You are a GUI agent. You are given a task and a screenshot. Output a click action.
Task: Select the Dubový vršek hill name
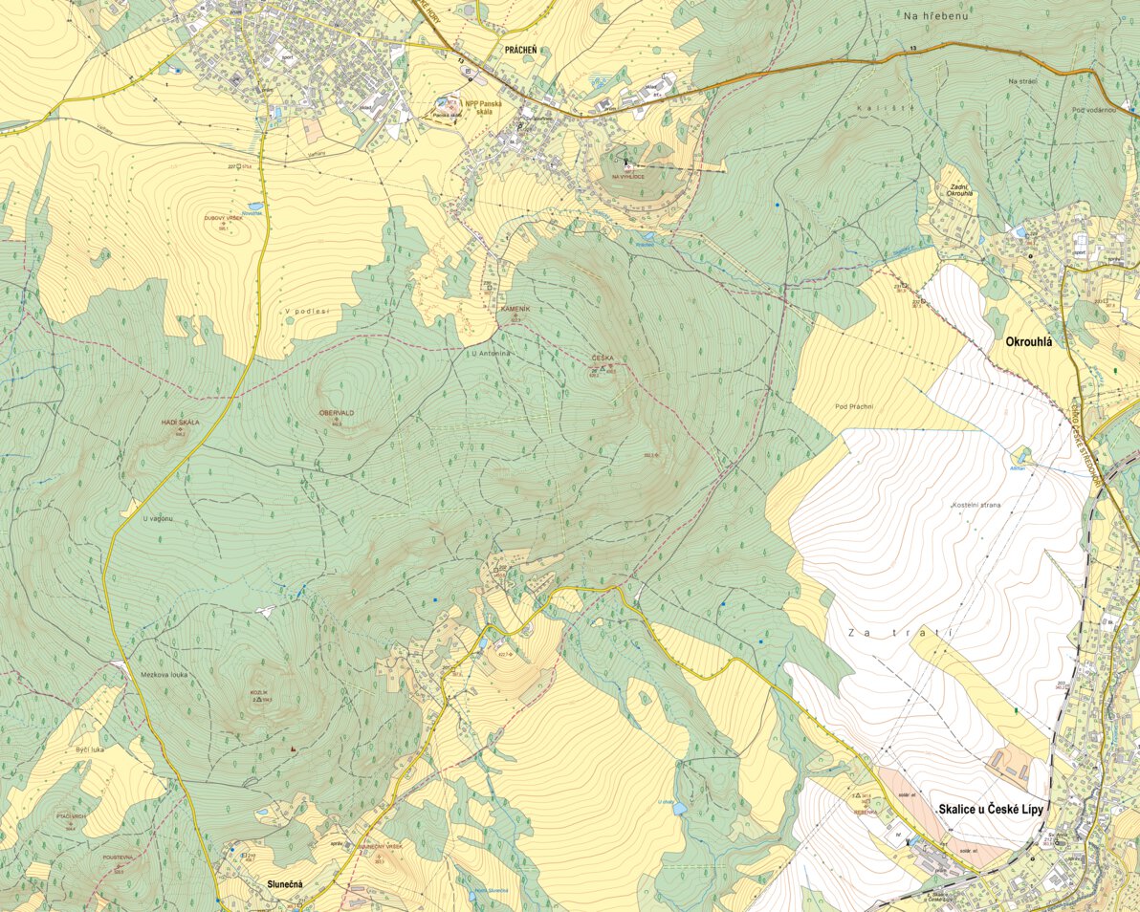click(x=224, y=219)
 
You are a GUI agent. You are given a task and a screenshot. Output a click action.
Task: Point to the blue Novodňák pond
click(x=253, y=206)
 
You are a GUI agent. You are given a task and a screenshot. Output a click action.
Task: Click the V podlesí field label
click(x=306, y=311)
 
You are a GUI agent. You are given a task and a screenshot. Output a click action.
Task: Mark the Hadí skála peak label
click(x=180, y=422)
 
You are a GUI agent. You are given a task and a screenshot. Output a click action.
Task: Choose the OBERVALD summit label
click(x=337, y=412)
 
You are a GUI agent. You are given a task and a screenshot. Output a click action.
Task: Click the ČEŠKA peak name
click(x=603, y=358)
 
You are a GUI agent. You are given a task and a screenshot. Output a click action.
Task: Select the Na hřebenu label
click(x=933, y=15)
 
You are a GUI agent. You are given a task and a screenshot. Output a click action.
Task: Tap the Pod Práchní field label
click(x=855, y=406)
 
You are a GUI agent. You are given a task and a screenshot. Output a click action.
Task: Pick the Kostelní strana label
click(x=976, y=504)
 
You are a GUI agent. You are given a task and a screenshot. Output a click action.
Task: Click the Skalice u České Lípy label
click(x=989, y=809)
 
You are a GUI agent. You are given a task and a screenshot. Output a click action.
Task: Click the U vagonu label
click(x=157, y=518)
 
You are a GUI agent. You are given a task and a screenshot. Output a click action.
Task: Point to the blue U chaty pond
click(x=679, y=809)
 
